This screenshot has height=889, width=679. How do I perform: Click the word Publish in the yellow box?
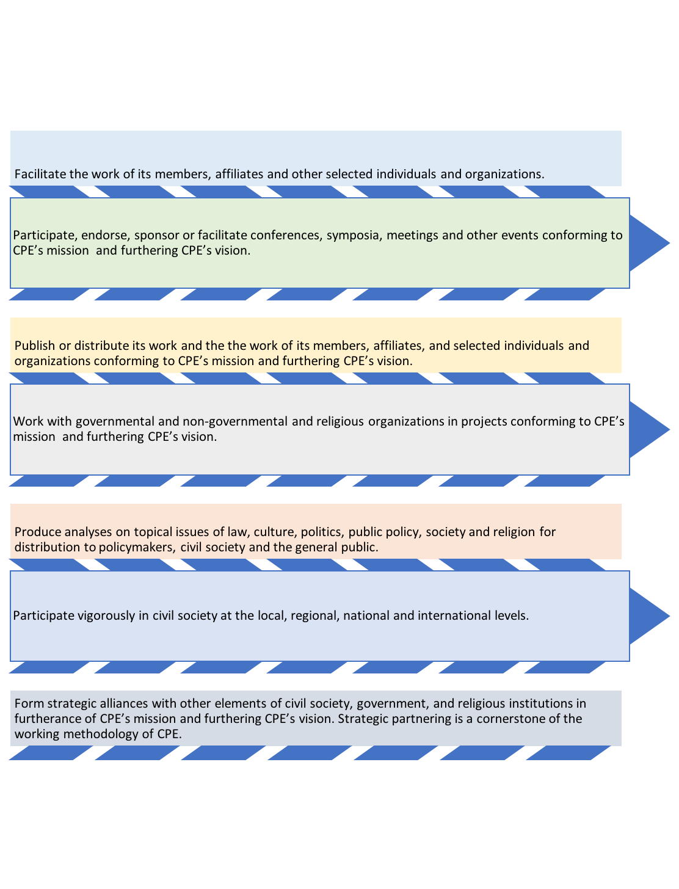(35, 346)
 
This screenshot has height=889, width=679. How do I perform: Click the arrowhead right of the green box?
(649, 243)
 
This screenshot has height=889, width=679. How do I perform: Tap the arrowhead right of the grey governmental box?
(649, 429)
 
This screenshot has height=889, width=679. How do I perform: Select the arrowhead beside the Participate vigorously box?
(649, 616)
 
